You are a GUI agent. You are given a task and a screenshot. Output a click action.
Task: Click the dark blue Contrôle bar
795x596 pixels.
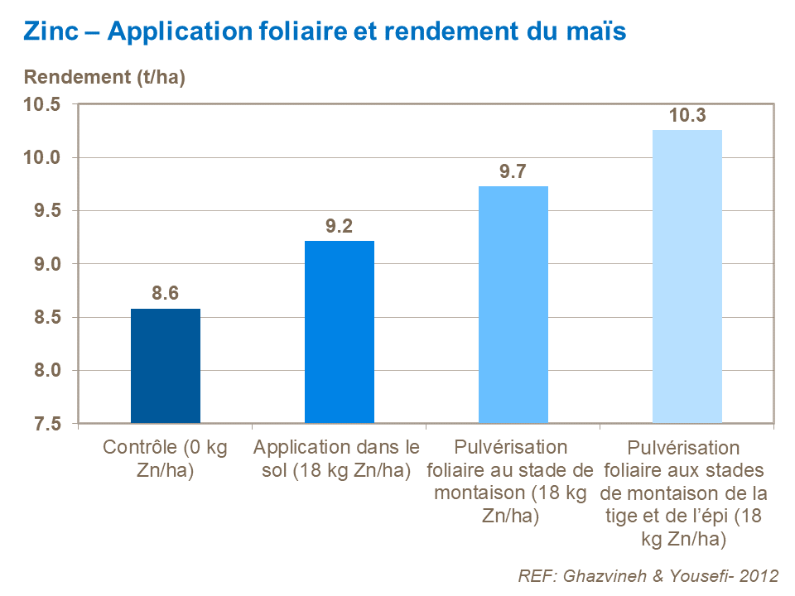(166, 366)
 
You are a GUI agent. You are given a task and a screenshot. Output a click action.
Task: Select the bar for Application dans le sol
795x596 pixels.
(340, 332)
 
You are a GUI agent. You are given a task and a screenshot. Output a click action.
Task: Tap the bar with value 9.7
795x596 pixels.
(513, 305)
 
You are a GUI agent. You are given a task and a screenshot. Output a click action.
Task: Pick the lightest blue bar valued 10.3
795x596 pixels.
(687, 276)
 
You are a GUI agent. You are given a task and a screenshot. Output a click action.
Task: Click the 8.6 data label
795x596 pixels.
(166, 293)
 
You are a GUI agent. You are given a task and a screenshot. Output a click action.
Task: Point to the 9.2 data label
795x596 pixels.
(340, 226)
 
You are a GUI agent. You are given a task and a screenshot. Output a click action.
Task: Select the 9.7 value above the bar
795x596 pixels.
(513, 171)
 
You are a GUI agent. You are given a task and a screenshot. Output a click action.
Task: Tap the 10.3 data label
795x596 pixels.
(687, 116)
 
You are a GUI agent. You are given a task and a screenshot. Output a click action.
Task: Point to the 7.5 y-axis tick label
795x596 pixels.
(48, 424)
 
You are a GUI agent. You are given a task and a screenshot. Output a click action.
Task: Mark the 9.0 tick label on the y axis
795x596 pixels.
(48, 264)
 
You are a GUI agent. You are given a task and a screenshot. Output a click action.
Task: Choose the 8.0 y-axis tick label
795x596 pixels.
(48, 371)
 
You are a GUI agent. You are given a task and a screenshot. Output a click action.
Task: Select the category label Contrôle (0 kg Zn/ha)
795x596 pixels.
(166, 459)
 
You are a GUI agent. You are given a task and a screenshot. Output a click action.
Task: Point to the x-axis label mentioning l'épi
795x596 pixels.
(686, 493)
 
